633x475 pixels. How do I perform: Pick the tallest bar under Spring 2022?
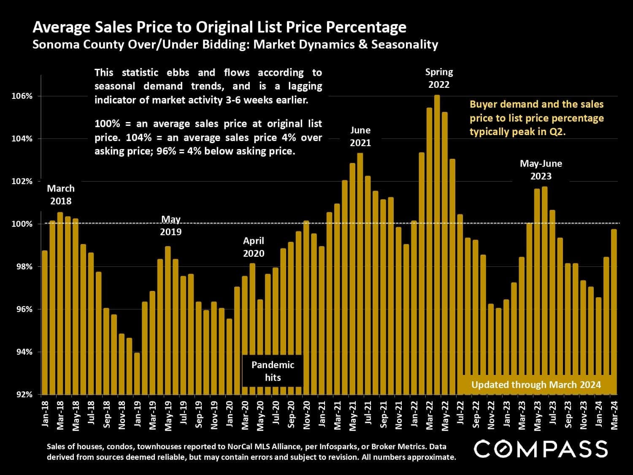point(437,245)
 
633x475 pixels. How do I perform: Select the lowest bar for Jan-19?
point(137,374)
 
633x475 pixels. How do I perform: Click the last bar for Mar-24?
point(614,312)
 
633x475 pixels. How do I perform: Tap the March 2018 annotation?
point(61,195)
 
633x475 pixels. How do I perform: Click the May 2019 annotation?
point(171,225)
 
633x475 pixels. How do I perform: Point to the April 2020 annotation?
point(254,247)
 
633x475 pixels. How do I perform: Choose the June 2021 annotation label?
point(360,136)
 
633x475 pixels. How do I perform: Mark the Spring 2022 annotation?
point(439,78)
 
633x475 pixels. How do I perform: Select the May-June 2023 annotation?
point(541,169)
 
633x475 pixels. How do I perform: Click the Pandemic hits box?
point(273,371)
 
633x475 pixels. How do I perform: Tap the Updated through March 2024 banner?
point(536,385)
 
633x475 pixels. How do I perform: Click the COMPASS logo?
point(541,449)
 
